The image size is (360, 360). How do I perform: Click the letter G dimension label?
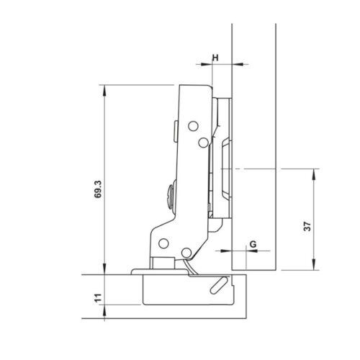253,243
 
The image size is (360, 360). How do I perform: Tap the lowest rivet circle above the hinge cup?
187,253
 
